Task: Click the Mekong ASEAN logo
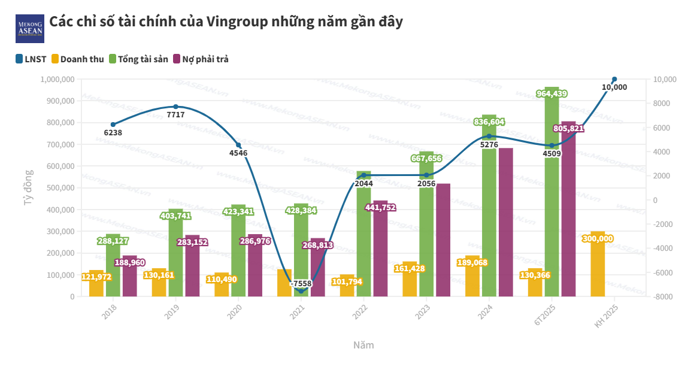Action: (x=29, y=29)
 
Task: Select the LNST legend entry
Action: (x=31, y=59)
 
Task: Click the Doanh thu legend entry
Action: (x=77, y=59)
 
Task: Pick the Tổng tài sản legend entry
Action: (x=138, y=59)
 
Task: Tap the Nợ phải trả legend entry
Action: (x=201, y=59)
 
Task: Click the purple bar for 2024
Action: (x=506, y=228)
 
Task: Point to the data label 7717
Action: (x=175, y=114)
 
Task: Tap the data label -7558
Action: (x=301, y=284)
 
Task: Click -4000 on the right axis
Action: (x=663, y=248)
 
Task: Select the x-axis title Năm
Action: (x=363, y=345)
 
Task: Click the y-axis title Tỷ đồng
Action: (x=28, y=188)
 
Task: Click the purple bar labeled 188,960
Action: (x=130, y=278)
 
